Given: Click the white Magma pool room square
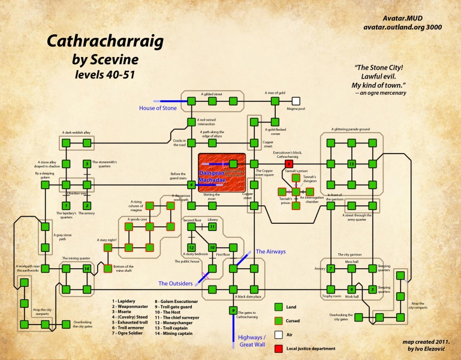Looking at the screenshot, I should [x=296, y=100].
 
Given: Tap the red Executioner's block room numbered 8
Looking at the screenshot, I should [x=289, y=163].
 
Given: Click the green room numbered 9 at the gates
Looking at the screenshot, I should [x=232, y=310].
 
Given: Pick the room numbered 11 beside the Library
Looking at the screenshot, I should [x=212, y=227].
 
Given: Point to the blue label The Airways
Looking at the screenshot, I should [x=268, y=251].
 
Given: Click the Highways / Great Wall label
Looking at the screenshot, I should [x=255, y=341].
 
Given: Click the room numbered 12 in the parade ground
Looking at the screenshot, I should [x=352, y=163].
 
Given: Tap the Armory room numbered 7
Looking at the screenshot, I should [x=330, y=268].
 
